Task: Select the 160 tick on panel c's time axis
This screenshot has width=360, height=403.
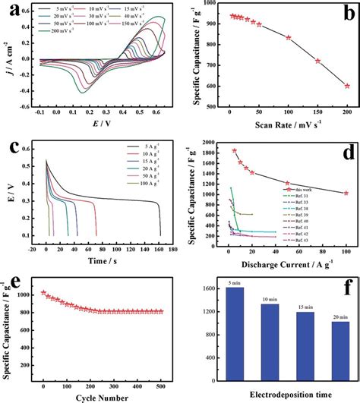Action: click(x=158, y=248)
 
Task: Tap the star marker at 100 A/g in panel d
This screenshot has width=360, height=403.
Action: click(x=346, y=193)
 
